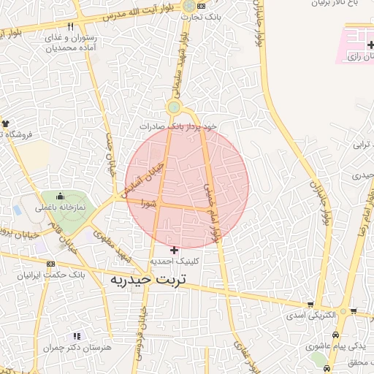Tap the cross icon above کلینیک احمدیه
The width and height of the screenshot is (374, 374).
tap(174, 250)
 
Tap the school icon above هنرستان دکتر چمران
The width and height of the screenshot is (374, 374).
tap(77, 336)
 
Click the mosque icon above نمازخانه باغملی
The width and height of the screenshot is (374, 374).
tap(59, 197)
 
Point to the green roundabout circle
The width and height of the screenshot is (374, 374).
tap(173, 108)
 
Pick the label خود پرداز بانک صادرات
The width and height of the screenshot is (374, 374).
tap(180, 126)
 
